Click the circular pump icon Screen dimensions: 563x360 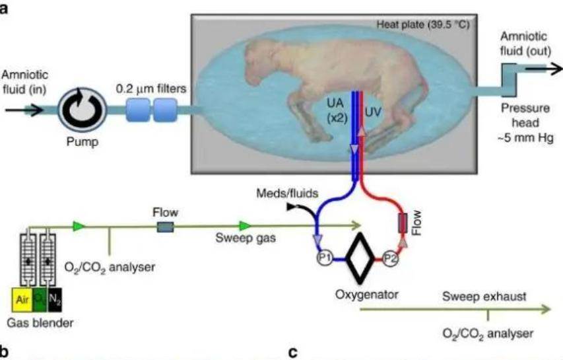(x=83, y=110)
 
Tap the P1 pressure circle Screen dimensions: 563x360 (x=325, y=258)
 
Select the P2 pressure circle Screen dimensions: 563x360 (x=390, y=258)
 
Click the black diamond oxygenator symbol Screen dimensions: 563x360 (x=360, y=258)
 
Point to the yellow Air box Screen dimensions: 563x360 (x=22, y=299)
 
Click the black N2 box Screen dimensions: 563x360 (x=55, y=299)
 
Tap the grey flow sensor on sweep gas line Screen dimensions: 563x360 (x=166, y=227)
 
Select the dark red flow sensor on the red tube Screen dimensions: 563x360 (x=403, y=223)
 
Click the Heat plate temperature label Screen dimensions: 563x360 (x=422, y=25)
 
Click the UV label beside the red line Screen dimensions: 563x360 (x=373, y=112)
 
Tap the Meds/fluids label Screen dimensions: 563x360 (x=287, y=194)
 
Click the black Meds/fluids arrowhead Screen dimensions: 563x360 (x=291, y=207)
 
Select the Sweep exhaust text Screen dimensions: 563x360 (x=484, y=297)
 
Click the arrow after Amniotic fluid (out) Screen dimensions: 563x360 (x=545, y=68)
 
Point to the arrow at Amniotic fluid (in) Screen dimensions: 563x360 (x=24, y=110)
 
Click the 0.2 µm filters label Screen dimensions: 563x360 (x=151, y=89)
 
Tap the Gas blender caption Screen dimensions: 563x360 (x=40, y=322)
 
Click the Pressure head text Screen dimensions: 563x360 (x=525, y=116)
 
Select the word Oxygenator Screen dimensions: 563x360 (x=366, y=294)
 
